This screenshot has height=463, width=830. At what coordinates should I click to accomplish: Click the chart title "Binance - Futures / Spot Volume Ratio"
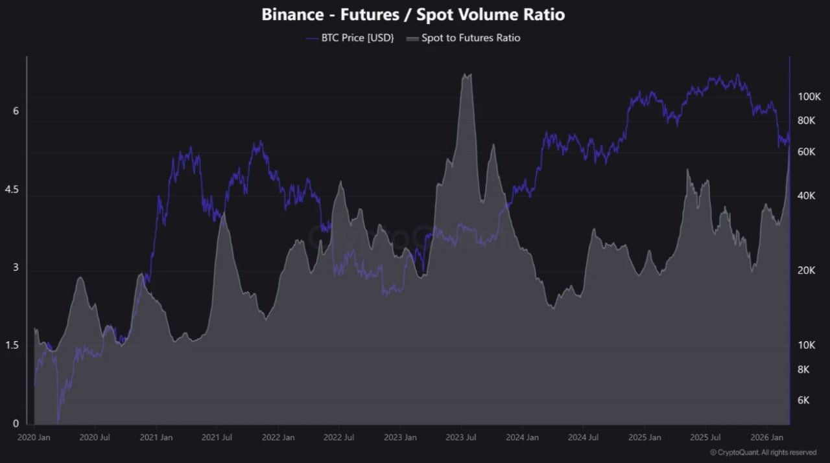click(x=413, y=14)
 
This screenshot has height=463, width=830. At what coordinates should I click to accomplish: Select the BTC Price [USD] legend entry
click(x=350, y=38)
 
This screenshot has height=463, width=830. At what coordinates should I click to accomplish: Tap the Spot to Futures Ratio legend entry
click(x=463, y=38)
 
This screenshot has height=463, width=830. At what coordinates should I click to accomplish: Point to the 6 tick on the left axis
click(x=16, y=111)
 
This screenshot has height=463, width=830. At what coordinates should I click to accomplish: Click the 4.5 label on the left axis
click(x=12, y=190)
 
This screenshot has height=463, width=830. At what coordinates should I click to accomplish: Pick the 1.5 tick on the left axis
click(x=12, y=346)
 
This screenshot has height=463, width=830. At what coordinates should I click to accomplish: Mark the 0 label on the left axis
click(x=16, y=424)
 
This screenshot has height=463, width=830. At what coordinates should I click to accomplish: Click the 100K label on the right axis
click(x=810, y=96)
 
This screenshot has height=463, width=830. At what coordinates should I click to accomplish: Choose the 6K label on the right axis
click(x=803, y=400)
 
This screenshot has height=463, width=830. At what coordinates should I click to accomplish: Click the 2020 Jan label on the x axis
click(x=34, y=437)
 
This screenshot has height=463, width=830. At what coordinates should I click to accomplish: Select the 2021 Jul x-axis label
click(x=217, y=437)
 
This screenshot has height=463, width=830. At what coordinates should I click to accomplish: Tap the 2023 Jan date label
click(x=400, y=437)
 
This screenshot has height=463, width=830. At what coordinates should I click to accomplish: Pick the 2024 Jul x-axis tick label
click(x=583, y=437)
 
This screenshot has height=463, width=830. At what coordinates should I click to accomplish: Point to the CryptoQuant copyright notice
click(x=763, y=452)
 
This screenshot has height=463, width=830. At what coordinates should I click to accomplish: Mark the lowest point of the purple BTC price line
click(x=58, y=422)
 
